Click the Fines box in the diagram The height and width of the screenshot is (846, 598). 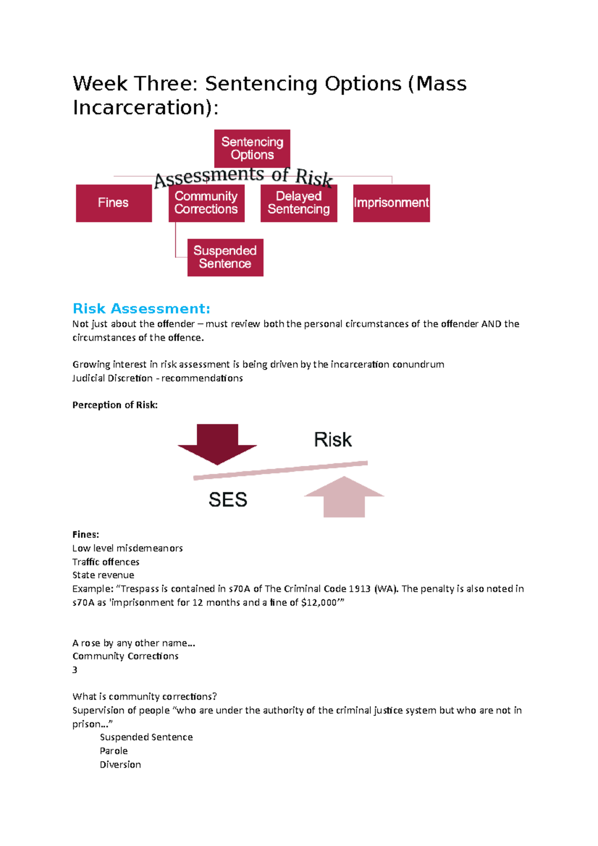(114, 203)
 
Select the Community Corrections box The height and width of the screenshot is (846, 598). (206, 203)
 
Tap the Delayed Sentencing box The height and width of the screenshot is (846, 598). (299, 203)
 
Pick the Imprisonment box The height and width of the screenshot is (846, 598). (391, 203)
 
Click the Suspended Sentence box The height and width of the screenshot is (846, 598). (225, 257)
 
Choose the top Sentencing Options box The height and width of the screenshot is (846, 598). (252, 148)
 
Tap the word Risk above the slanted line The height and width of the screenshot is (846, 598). (332, 440)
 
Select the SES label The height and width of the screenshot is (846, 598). (228, 500)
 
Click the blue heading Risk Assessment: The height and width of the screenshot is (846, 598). (142, 309)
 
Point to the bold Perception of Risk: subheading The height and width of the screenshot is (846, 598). (115, 405)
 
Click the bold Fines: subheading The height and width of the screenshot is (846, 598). (86, 535)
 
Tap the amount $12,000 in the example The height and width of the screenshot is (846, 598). (319, 602)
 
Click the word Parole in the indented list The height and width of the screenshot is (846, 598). (114, 751)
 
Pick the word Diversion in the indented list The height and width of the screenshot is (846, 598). (120, 765)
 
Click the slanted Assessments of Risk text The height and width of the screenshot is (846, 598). (243, 176)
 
